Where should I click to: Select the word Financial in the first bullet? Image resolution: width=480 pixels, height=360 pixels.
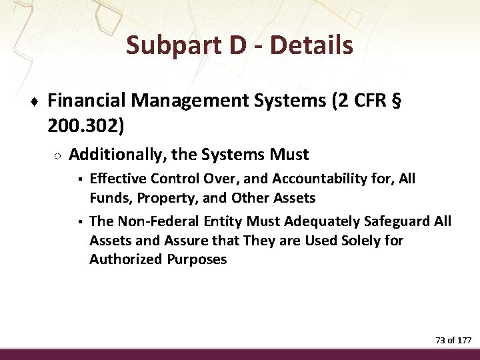87,101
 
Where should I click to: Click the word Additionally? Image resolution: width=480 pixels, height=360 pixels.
117,155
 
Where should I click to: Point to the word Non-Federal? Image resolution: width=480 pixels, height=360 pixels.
155,221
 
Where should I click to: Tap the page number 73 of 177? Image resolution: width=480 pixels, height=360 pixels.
453,340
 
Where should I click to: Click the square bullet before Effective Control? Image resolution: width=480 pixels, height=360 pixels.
79,179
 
